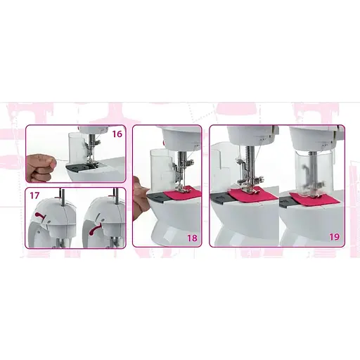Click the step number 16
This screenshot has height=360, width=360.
click(x=117, y=134)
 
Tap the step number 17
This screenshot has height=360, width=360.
click(x=34, y=195)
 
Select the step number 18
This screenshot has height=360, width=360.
click(x=192, y=238)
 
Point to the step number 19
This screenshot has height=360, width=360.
click(x=334, y=237)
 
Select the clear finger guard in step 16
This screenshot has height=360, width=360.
click(x=76, y=148)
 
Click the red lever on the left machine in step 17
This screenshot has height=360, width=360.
click(x=40, y=216)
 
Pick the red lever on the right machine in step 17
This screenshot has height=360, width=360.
click(x=96, y=229)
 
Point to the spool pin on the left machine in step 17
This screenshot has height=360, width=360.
click(x=61, y=198)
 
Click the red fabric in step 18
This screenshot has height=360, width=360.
click(x=184, y=193)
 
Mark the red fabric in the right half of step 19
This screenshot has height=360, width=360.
click(x=315, y=199)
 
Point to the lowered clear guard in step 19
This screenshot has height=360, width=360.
click(x=314, y=174)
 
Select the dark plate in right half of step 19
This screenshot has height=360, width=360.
click(x=284, y=202)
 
